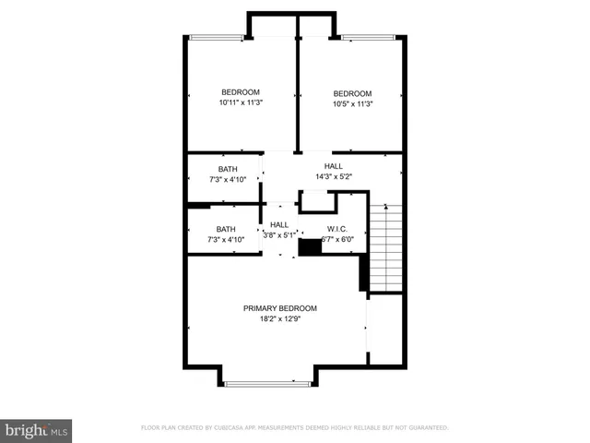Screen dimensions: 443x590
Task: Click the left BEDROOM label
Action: [x=240, y=92]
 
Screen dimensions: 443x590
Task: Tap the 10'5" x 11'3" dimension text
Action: [x=352, y=104]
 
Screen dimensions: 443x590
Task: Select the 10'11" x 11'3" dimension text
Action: [x=240, y=103]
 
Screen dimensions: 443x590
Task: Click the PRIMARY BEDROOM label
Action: [x=280, y=308]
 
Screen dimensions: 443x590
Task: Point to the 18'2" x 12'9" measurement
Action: [x=280, y=319]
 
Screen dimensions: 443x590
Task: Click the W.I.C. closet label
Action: [x=336, y=229]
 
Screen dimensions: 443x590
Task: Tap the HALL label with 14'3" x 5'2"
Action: [x=333, y=166]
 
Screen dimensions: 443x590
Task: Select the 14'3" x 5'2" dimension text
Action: [x=333, y=177]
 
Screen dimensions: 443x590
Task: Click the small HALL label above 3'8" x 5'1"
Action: [x=279, y=224]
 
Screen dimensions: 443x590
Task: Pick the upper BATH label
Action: [x=227, y=169]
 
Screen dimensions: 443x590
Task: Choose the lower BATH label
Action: [x=226, y=229]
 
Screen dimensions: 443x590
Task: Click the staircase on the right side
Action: [x=386, y=246]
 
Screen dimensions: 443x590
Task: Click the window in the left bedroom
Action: [x=218, y=37]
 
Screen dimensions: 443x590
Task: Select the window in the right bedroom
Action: [x=368, y=37]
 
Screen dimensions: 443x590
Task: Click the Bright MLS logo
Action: [x=37, y=430]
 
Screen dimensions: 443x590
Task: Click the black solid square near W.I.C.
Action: [x=310, y=246]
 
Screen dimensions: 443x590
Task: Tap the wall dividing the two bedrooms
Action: [x=297, y=92]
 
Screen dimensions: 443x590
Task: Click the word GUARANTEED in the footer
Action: [x=426, y=428]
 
